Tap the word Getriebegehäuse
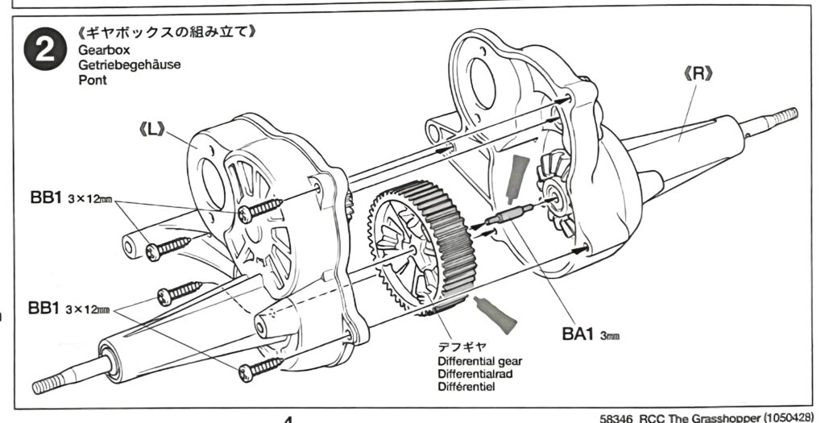pyautogui.click(x=129, y=65)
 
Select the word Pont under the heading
pyautogui.click(x=93, y=81)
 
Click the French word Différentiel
pyautogui.click(x=466, y=388)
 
